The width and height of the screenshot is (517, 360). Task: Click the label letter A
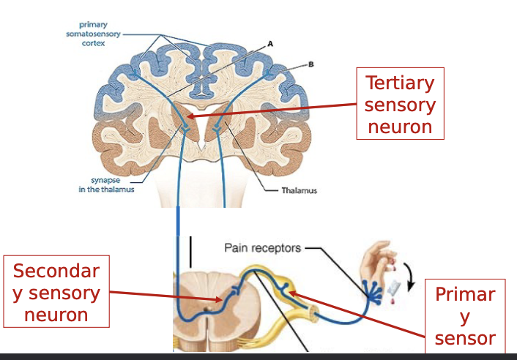click(x=269, y=44)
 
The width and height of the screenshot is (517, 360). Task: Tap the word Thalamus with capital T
click(x=301, y=191)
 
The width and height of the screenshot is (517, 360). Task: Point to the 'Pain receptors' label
click(x=262, y=248)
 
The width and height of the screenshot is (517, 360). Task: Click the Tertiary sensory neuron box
click(x=401, y=105)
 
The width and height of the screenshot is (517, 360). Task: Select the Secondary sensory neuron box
click(x=56, y=292)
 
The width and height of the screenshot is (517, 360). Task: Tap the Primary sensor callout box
click(x=465, y=315)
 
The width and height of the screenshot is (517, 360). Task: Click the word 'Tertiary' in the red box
click(x=401, y=83)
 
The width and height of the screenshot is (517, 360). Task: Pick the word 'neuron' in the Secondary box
click(x=56, y=315)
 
